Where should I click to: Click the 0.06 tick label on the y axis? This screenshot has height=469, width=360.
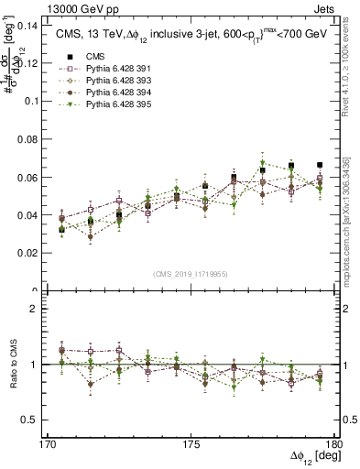point(26,177)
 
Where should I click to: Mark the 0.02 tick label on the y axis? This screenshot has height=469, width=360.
point(26,252)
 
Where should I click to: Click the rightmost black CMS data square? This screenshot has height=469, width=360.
point(320,165)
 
